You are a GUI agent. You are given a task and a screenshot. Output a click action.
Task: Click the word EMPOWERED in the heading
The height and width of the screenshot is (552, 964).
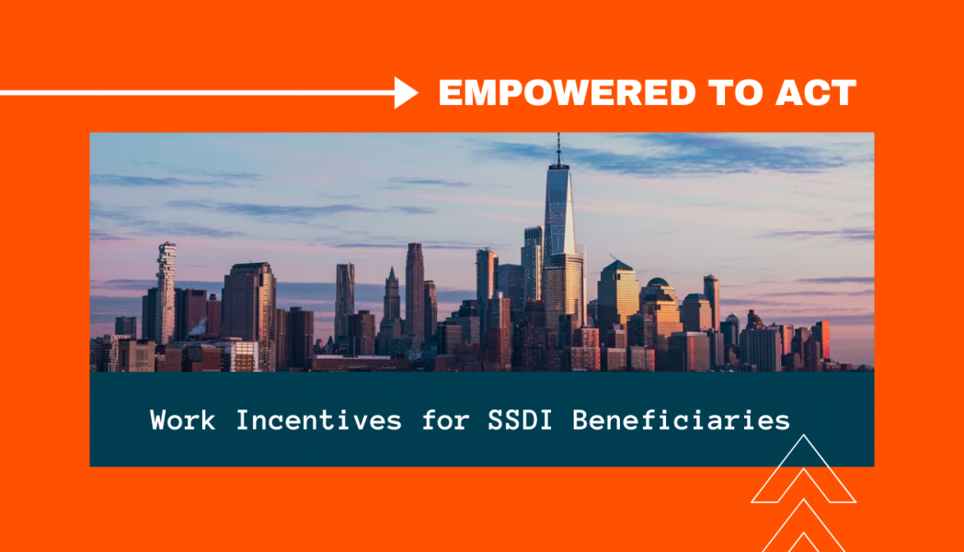[567, 93]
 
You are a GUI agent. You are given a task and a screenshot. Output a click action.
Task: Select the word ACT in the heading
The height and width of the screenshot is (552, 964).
[815, 93]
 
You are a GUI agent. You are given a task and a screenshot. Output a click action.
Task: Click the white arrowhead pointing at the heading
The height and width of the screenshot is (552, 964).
[406, 93]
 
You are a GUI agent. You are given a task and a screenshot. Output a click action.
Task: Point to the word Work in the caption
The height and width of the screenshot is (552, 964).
[183, 420]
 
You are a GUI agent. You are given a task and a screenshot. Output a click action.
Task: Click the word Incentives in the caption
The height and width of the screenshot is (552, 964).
[319, 420]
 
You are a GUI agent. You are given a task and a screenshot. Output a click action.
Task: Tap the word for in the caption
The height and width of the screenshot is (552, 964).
[446, 420]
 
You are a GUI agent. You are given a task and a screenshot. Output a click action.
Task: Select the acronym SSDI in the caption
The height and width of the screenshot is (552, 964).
[520, 420]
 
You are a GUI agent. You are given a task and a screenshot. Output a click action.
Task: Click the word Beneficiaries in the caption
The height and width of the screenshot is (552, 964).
[682, 420]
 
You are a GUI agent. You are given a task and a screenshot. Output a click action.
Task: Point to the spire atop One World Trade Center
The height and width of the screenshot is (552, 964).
[558, 149]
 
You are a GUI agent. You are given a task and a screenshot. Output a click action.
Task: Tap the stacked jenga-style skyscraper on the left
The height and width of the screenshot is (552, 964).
[166, 292]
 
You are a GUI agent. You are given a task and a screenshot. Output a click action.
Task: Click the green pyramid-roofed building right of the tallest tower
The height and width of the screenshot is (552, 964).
[618, 293]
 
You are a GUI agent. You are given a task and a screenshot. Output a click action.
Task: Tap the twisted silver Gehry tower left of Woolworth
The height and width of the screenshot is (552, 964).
[344, 300]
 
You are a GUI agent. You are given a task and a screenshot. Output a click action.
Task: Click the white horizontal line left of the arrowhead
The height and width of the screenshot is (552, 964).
[198, 93]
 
